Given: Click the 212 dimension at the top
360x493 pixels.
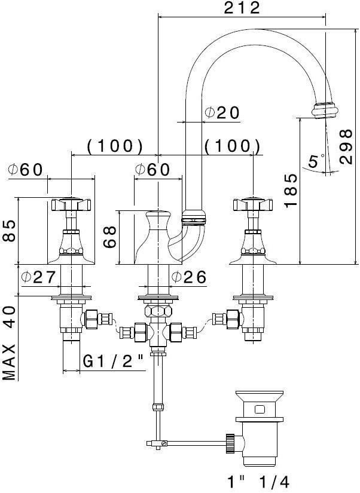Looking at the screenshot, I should pos(242,8).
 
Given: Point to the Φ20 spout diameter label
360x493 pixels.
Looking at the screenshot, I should pos(221,112).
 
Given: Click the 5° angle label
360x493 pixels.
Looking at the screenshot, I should pos(316,161).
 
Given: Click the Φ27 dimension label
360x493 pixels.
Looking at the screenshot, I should pos(38,277).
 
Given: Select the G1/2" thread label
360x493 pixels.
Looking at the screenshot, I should pos(113,361).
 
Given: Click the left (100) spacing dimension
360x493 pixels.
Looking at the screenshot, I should pos(114,146).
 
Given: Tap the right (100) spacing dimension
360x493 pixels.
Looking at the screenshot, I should pos(232,146).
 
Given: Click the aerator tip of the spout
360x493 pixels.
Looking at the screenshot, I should pos(323,111).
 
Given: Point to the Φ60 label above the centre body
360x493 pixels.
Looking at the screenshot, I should pos(152,169).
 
